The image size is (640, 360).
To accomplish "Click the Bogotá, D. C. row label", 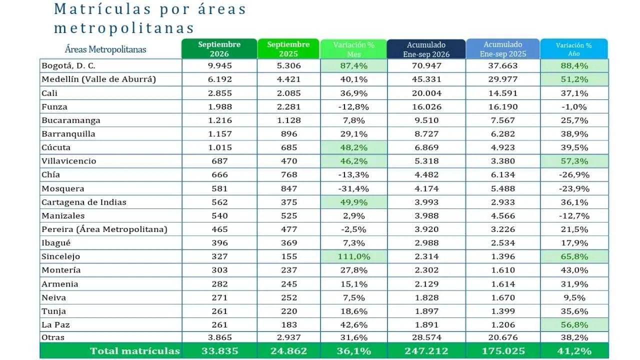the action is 68,65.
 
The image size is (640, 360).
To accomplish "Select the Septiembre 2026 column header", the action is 219,49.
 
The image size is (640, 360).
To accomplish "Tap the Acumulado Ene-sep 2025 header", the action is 503,49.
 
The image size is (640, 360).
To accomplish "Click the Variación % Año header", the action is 573,49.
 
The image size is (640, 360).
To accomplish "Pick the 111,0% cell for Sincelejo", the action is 354,256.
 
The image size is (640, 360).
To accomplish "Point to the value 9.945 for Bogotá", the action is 219,65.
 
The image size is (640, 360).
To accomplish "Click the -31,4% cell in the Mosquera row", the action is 353,188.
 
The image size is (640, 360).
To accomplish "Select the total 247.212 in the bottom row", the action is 426,351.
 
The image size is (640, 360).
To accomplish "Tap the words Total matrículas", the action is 135,351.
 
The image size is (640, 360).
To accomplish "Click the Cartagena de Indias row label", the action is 84,202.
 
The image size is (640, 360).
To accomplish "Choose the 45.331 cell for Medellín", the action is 426,79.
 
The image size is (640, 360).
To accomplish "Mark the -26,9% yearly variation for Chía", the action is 574,175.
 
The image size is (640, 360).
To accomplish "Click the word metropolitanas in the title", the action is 124,28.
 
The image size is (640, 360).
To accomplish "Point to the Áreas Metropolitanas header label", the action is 105,49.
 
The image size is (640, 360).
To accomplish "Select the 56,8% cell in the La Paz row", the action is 574,325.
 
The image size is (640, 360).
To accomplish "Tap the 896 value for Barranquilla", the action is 289,134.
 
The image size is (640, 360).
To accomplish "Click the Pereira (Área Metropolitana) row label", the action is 104,229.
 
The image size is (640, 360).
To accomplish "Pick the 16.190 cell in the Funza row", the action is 503,107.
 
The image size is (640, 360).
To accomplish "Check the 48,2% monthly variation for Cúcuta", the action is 353,147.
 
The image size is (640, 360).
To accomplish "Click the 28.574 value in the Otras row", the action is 426,337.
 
